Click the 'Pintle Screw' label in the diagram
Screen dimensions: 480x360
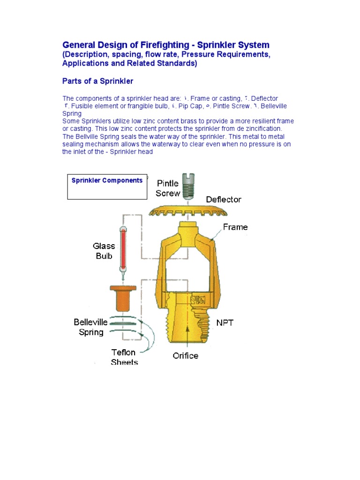click(x=167, y=188)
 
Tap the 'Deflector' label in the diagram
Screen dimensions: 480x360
click(x=224, y=199)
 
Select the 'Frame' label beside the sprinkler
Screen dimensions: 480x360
click(x=235, y=227)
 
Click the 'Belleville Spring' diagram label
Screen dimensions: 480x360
click(x=90, y=327)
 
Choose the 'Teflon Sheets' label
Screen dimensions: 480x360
click(x=124, y=357)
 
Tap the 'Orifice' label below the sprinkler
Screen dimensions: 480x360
click(x=185, y=355)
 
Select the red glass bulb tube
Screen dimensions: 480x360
click(x=124, y=248)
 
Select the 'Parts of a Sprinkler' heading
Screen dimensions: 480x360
click(x=97, y=81)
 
